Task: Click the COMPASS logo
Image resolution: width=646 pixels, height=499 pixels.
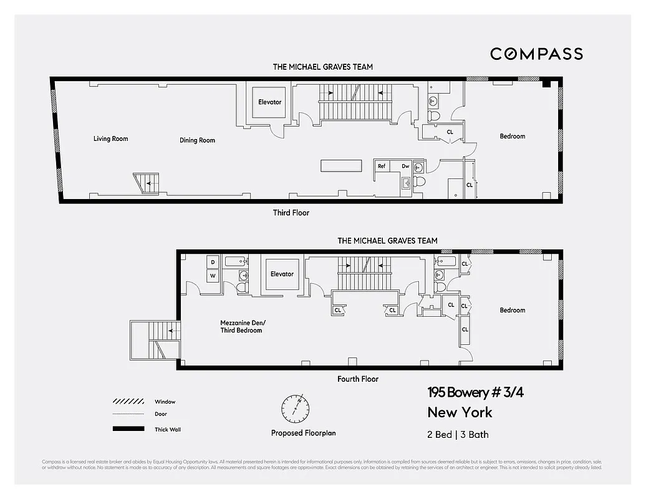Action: (536, 54)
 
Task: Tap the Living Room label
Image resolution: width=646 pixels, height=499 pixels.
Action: (110, 138)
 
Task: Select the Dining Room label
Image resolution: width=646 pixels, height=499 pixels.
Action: (197, 140)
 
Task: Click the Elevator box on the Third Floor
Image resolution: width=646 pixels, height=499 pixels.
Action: (269, 102)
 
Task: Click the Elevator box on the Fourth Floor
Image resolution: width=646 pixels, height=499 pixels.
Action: (282, 274)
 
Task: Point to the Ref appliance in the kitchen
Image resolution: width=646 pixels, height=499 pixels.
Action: (382, 167)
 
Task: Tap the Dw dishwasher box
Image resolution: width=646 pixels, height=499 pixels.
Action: (405, 167)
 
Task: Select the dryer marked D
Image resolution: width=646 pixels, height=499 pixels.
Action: (213, 262)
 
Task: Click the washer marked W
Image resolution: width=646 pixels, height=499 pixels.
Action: (213, 275)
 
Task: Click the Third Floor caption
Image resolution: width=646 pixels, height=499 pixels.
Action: (291, 213)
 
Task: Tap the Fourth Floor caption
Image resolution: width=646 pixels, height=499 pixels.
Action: (357, 379)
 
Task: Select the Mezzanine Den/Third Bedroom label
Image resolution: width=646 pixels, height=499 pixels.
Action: (243, 326)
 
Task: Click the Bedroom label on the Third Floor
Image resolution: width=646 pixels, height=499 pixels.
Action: (512, 136)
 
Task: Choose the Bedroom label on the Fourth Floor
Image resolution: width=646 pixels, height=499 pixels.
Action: (512, 310)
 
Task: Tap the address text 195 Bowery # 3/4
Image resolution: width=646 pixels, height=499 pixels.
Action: (471, 392)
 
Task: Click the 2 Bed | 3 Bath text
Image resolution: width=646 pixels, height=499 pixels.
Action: (458, 434)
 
